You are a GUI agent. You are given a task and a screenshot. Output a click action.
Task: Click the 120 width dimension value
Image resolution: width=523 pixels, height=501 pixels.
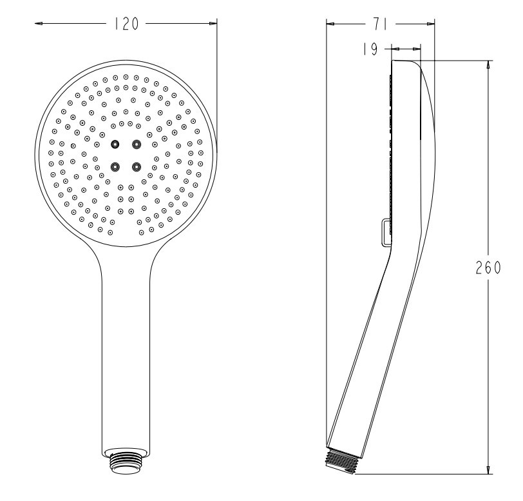click(x=126, y=25)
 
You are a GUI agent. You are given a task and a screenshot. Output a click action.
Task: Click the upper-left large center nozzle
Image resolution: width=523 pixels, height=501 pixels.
click(x=115, y=143)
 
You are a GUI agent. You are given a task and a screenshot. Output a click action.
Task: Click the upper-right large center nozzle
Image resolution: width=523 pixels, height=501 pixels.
click(x=136, y=143)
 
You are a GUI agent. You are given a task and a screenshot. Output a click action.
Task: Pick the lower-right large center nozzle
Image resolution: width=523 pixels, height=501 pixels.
click(x=136, y=167)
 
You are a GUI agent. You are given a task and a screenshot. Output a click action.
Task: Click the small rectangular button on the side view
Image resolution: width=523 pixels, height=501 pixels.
click(x=386, y=232)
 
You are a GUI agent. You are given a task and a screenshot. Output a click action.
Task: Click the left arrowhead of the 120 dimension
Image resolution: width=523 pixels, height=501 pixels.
click(x=39, y=25)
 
